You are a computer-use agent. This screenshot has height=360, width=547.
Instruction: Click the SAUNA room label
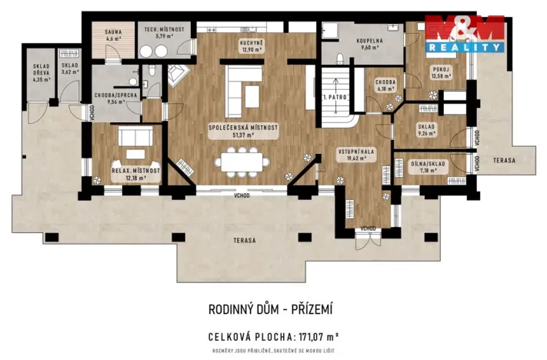tap(113, 33)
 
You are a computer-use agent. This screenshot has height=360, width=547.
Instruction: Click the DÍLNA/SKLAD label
tap(419, 165)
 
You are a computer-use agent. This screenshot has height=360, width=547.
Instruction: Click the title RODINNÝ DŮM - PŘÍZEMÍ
tap(271, 309)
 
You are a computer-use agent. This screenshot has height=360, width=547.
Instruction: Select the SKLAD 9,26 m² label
tap(426, 129)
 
